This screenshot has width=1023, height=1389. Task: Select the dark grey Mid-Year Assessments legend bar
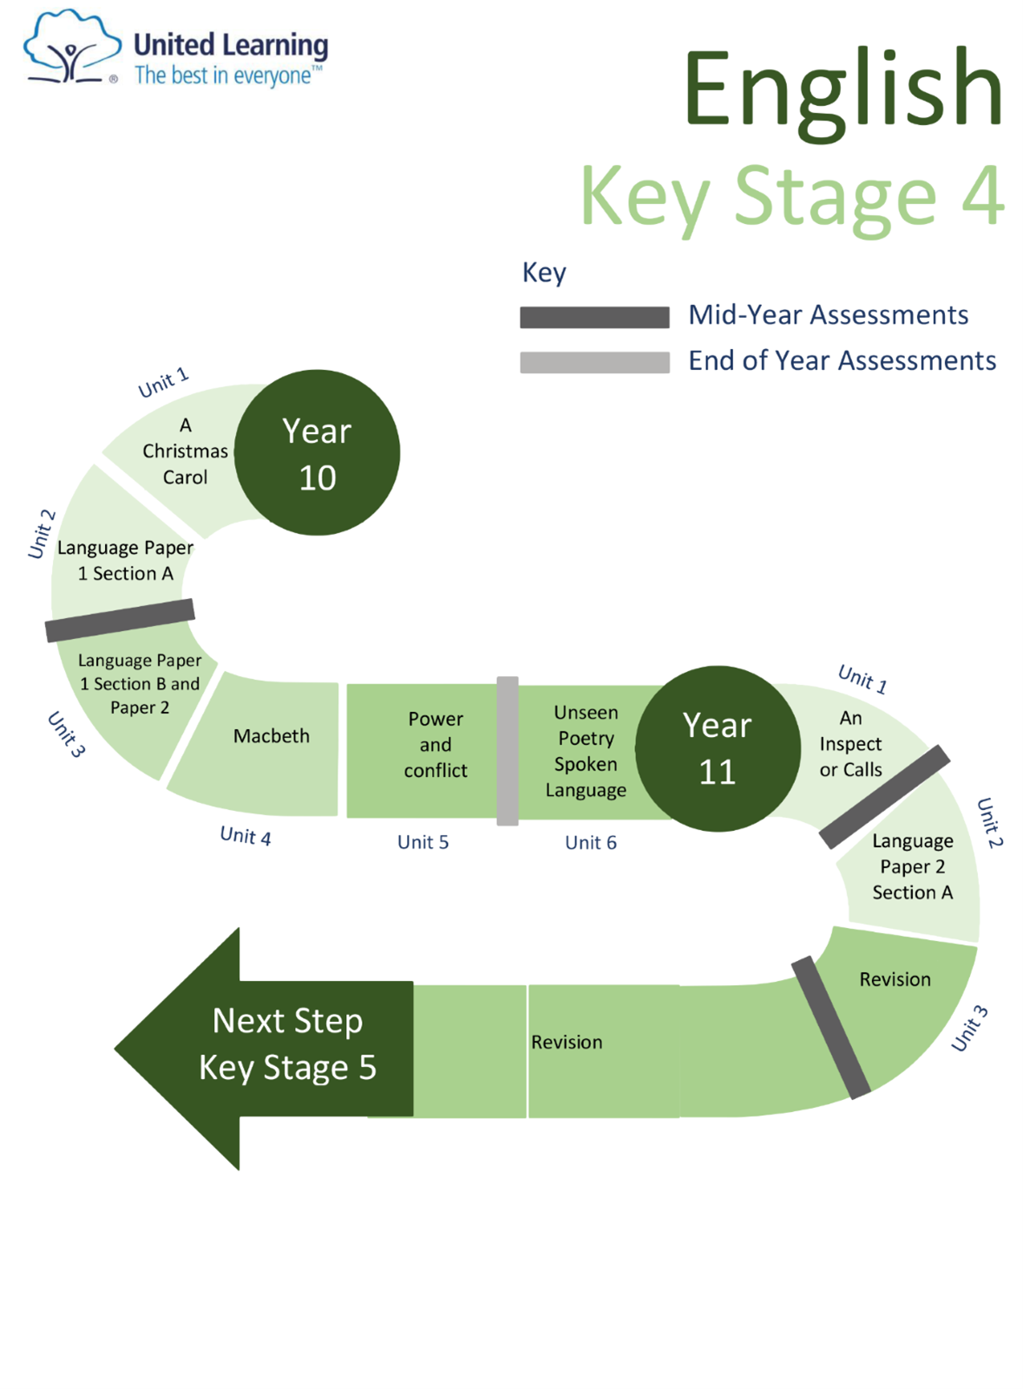pos(594,317)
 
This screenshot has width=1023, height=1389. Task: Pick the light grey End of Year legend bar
pos(594,362)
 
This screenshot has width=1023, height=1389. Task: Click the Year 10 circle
pos(317,452)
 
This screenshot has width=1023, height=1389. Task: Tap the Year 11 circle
pos(718,748)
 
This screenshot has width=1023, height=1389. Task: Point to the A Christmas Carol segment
pos(185,451)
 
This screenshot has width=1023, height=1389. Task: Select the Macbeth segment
pos(271,736)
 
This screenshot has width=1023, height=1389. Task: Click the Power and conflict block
pos(435,745)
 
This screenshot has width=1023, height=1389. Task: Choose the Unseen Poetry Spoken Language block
pos(586,751)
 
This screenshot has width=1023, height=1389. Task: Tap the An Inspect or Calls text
pos(850,744)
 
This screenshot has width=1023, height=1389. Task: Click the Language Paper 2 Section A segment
pos(912,866)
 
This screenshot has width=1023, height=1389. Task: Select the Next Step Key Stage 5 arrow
pos(278,1046)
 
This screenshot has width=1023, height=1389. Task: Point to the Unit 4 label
pos(246,836)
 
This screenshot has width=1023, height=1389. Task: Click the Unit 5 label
pos(423,842)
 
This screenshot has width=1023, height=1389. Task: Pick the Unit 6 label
pos(591,843)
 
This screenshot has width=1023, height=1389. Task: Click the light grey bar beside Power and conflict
pos(508,751)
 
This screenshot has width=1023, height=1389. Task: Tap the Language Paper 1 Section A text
pos(125,561)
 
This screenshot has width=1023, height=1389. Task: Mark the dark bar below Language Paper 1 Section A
pos(120,620)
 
